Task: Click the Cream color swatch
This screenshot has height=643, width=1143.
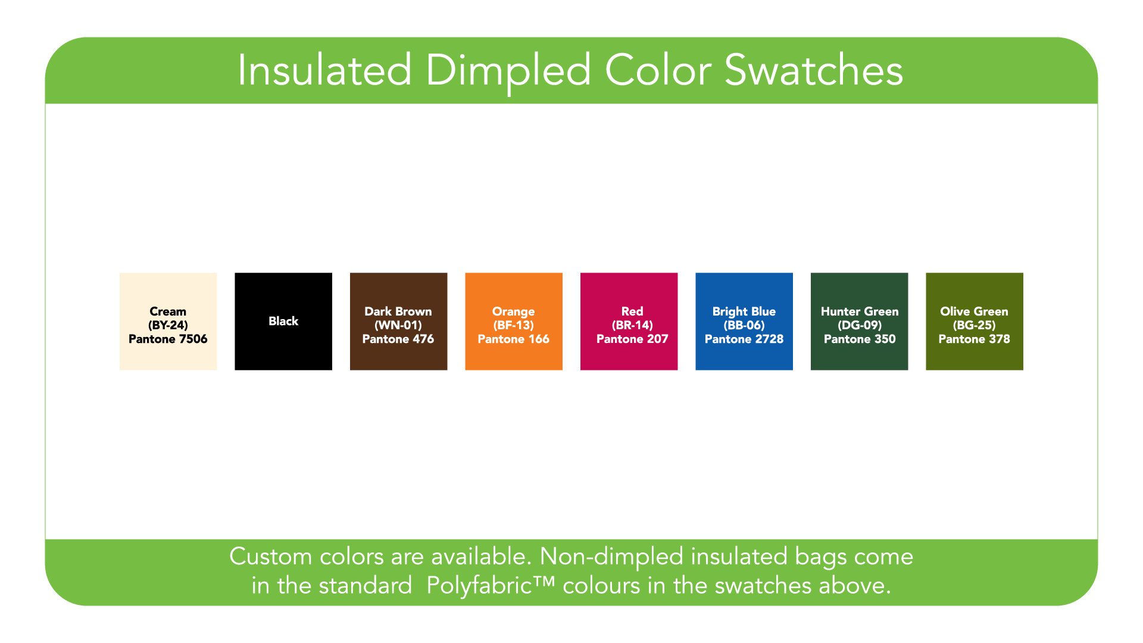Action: (168, 321)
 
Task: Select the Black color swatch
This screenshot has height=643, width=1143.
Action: (283, 321)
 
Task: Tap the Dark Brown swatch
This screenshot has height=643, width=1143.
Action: (399, 321)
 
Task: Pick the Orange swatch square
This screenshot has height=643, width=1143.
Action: (514, 321)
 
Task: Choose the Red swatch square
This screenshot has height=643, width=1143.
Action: (629, 321)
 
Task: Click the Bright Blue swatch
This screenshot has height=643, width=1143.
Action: (744, 321)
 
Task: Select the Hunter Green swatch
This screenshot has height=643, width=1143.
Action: (860, 321)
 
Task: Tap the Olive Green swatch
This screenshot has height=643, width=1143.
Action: (975, 321)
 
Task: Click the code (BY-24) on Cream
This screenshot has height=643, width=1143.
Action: (168, 325)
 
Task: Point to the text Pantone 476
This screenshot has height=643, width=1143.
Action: (398, 339)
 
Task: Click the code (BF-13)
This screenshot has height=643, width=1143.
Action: (514, 325)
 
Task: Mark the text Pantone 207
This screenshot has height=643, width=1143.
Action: (632, 339)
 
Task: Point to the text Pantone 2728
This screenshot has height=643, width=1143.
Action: (744, 339)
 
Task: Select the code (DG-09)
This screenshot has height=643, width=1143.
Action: (860, 325)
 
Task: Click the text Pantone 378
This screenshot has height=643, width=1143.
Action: (975, 339)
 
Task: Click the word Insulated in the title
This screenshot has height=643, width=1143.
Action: (325, 70)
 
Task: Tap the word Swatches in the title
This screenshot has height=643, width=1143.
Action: (814, 70)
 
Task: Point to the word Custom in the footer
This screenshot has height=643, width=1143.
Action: (271, 557)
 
